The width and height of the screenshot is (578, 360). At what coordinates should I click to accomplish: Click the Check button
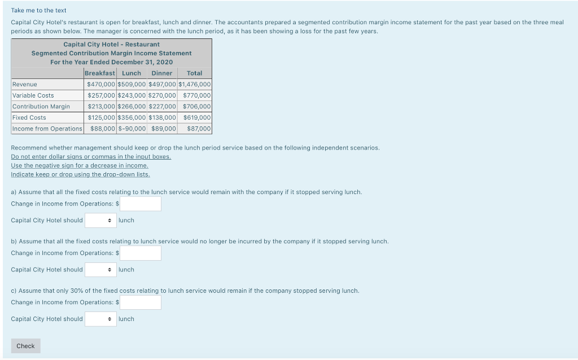(25, 346)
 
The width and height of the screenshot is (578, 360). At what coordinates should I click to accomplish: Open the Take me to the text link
(38, 10)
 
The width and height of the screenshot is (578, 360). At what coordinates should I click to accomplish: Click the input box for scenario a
(140, 204)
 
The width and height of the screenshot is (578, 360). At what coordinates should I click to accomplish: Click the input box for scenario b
(140, 253)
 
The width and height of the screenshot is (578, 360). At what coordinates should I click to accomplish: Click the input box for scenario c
(140, 302)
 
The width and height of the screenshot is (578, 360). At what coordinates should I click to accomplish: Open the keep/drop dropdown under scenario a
(100, 220)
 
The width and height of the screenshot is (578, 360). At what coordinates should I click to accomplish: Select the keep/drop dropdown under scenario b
(100, 270)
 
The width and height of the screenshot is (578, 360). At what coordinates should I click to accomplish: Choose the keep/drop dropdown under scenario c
(100, 319)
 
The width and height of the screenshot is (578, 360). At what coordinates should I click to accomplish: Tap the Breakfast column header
(100, 73)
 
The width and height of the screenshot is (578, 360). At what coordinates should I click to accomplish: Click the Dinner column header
(162, 73)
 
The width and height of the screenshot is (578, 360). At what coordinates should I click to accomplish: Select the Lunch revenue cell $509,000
(132, 84)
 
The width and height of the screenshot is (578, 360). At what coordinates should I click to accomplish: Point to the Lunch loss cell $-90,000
(132, 129)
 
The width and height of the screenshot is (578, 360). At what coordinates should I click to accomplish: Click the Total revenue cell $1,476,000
(195, 84)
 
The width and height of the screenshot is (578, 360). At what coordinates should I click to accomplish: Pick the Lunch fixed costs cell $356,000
(132, 117)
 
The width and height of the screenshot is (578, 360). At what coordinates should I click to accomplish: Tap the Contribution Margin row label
(41, 106)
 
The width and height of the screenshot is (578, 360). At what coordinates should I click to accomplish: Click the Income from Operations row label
(47, 129)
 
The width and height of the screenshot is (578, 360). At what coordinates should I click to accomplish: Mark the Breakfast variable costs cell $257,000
(101, 95)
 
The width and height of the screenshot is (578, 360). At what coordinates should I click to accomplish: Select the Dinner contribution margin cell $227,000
(163, 106)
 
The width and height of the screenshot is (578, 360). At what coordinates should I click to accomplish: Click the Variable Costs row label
(33, 95)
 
